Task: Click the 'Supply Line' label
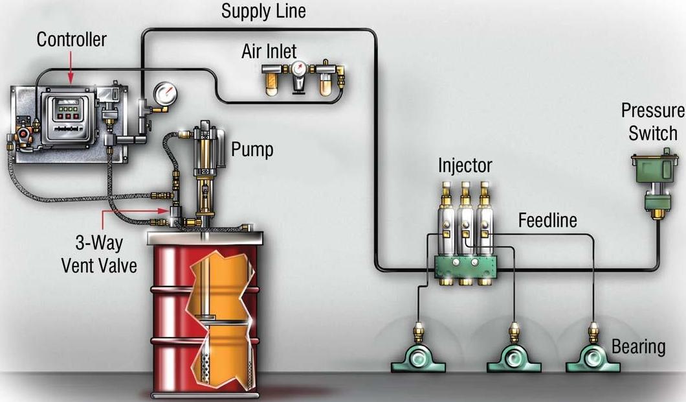(x=263, y=11)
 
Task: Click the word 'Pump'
(x=252, y=150)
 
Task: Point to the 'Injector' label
(x=465, y=165)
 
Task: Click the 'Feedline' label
(x=548, y=221)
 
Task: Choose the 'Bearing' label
(x=638, y=347)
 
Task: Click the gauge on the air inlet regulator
(x=299, y=69)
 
